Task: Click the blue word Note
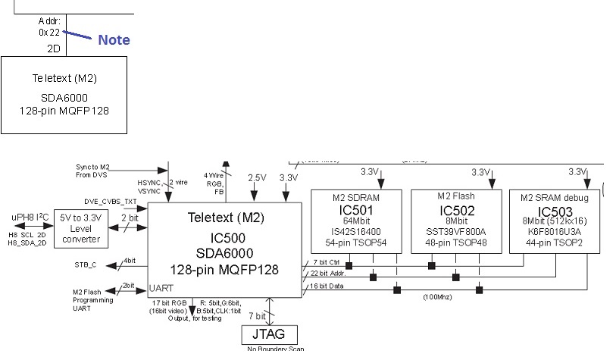pos(114,40)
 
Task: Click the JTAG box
pos(269,334)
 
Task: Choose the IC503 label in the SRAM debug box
pos(555,211)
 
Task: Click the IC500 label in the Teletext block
pos(225,236)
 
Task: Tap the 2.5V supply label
pos(257,177)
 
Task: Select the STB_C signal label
pos(86,265)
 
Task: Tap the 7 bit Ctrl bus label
pos(324,262)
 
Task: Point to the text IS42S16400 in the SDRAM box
pos(355,231)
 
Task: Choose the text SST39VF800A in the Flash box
pos(455,231)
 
